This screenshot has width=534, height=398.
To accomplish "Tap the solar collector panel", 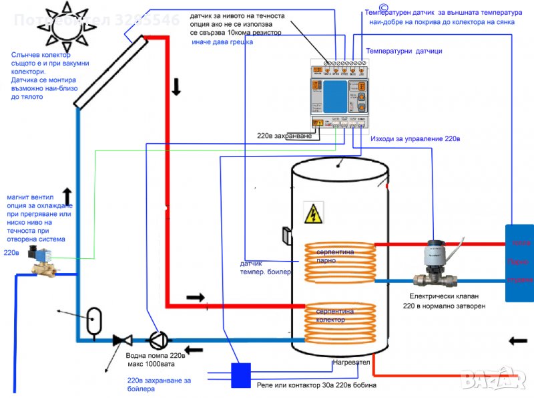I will tap(110, 71).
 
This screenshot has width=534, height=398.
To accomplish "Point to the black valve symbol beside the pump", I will tap(122, 340).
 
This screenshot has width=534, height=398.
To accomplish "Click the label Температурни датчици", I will tap(403, 52).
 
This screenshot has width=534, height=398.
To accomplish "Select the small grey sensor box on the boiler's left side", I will tap(285, 235).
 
